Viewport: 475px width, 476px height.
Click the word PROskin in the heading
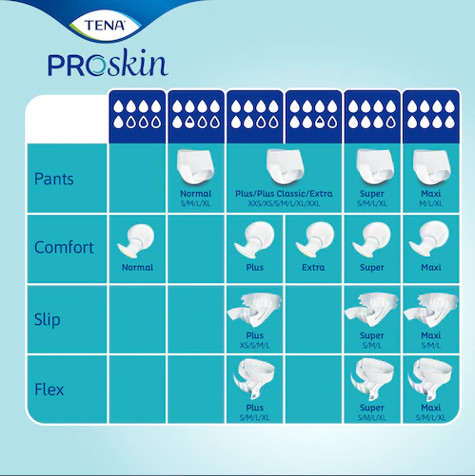tap(107, 63)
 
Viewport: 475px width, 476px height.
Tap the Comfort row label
tap(64, 248)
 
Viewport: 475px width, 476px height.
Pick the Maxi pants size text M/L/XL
tap(429, 202)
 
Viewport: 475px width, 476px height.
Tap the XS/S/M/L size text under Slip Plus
tap(255, 344)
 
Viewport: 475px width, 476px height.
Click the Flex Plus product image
tap(255, 381)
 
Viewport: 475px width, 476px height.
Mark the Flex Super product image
tap(372, 381)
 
